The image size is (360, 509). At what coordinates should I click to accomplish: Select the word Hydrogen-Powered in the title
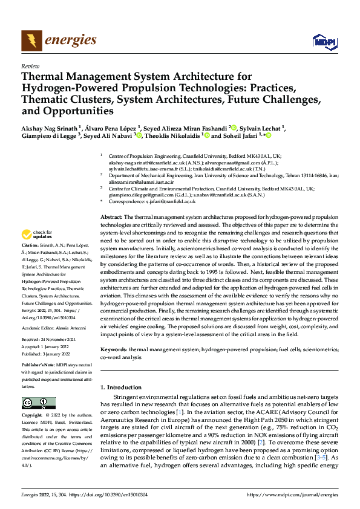click(x=62, y=89)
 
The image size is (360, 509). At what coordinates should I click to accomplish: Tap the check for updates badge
click(x=36, y=235)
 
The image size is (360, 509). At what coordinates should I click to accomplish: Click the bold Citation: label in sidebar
click(x=31, y=248)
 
